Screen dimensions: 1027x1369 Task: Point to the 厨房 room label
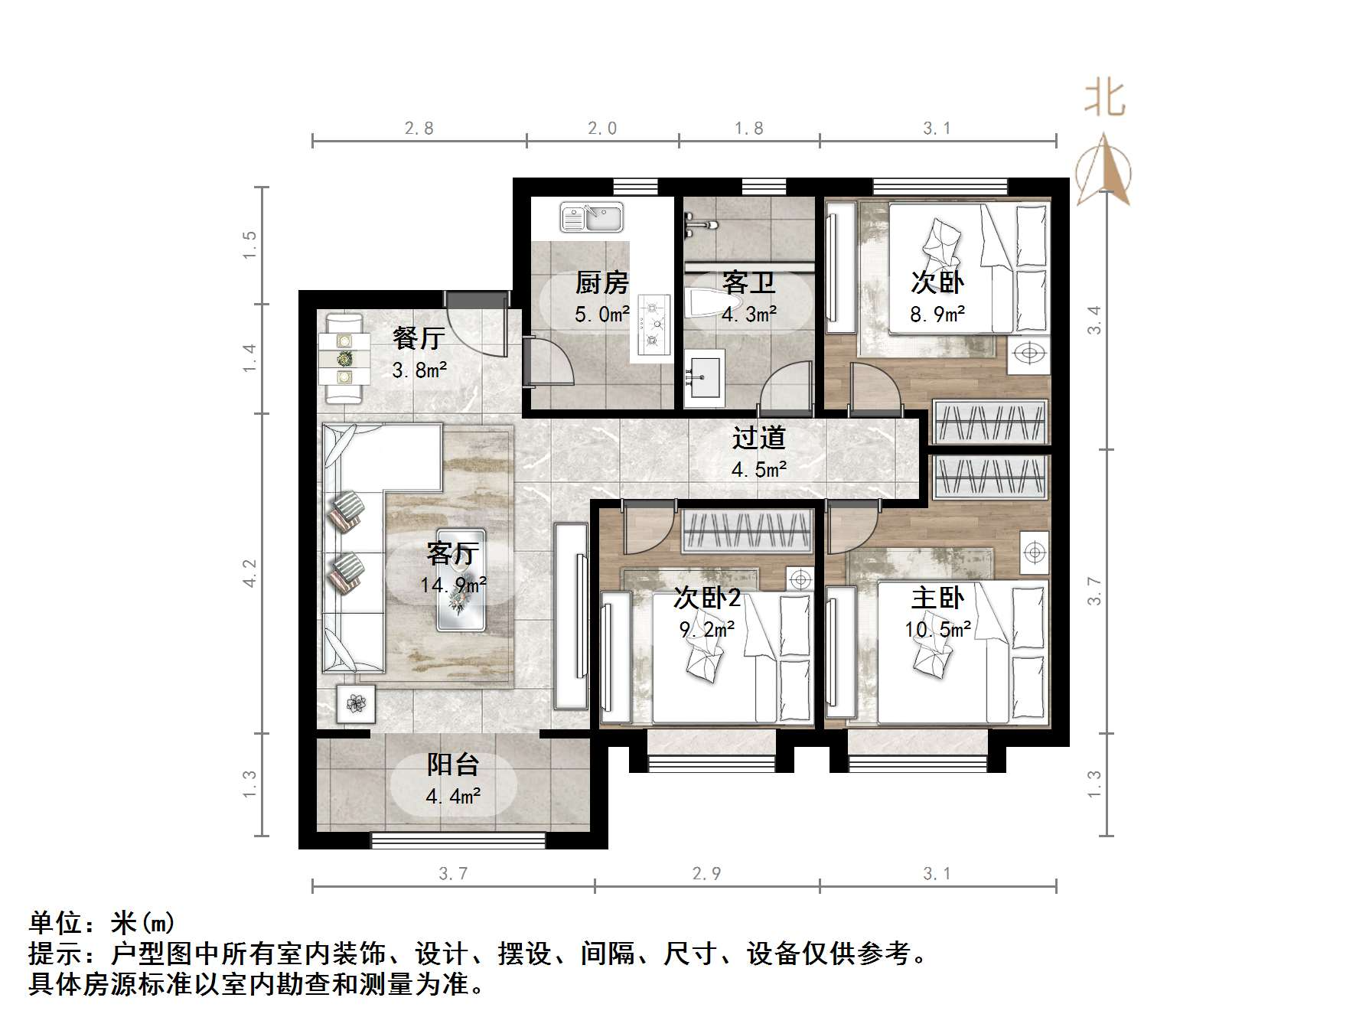(602, 283)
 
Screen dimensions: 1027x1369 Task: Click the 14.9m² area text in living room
(453, 585)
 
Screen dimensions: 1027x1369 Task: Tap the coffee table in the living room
(461, 580)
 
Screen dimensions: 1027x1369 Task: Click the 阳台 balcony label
(453, 764)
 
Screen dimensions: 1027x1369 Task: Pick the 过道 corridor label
(758, 438)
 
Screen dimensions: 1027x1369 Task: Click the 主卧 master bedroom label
(937, 598)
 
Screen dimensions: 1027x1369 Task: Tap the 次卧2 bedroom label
(706, 598)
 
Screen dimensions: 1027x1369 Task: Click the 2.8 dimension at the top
(419, 129)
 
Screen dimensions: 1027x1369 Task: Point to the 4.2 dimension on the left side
(250, 573)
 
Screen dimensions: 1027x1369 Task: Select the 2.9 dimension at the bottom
(706, 873)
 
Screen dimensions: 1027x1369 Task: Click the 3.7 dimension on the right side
(1095, 591)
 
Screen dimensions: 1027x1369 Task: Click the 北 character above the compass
(1104, 99)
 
